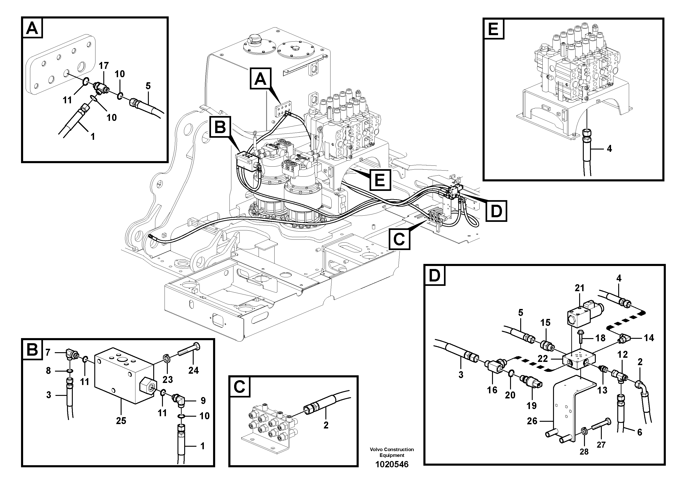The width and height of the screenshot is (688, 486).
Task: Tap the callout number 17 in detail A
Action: pos(104,66)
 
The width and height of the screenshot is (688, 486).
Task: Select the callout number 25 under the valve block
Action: pos(121,421)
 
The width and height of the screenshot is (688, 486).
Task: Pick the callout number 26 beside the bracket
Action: pos(532,421)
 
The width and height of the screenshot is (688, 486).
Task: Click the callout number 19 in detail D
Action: pos(532,406)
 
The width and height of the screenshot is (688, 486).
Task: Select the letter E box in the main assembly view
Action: pos(380,180)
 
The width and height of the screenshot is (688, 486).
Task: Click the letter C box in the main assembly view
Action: pos(399,239)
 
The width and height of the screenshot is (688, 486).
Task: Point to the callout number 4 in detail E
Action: pos(609,149)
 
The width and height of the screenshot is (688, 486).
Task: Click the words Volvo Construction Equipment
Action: pos(392,452)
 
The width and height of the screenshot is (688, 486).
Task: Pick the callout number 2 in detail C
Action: pos(326,425)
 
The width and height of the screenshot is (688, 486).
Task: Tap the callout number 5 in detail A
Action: pos(148,86)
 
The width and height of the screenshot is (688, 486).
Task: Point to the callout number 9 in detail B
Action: pos(203,400)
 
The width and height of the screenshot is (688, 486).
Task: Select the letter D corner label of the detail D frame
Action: pos(435,275)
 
